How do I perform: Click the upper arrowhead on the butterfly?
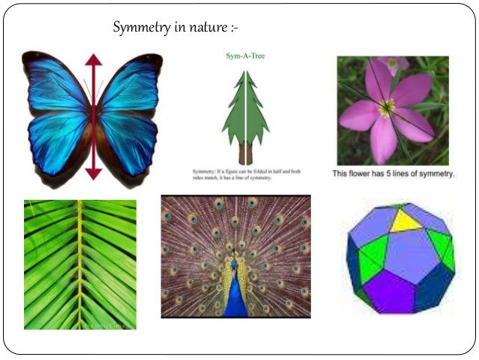tap(93, 60)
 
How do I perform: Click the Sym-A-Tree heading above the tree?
tap(246, 56)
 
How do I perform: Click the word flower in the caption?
tap(366, 174)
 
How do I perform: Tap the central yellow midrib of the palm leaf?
tap(79, 263)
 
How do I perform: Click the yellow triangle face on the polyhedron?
tap(406, 220)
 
